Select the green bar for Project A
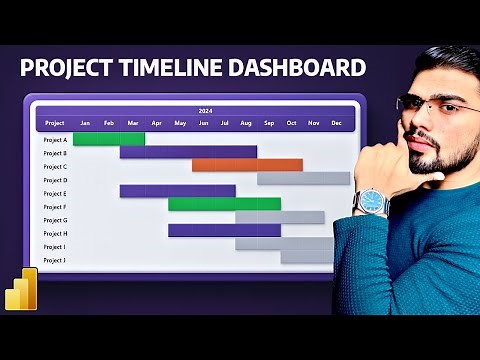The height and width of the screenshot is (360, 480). pos(108,139)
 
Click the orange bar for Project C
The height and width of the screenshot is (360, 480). pos(247,165)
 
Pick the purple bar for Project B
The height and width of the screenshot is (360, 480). pos(188,152)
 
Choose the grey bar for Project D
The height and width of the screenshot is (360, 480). pos(303,178)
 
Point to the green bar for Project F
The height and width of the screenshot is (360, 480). pos(224,204)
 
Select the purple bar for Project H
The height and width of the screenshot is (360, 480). pos(224,230)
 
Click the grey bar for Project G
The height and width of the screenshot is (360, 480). pos(280,217)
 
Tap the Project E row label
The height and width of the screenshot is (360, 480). pos(55,192)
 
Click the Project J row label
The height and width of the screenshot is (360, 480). pos(55,259)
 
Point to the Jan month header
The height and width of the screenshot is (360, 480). pos(85,123)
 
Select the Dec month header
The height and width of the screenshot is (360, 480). pos(336,123)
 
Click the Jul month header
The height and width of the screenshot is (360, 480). pos(224,123)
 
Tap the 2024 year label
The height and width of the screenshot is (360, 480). pos(205,111)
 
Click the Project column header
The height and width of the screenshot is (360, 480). pos(55,123)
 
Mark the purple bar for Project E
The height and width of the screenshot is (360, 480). pos(177,191)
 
